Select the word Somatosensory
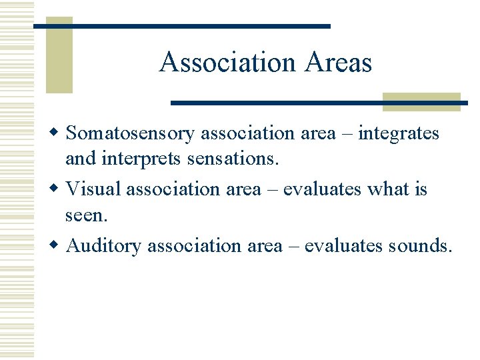[x=131, y=133]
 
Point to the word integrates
[x=399, y=133]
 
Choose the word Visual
[x=94, y=189]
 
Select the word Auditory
[x=104, y=246]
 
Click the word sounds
[x=418, y=246]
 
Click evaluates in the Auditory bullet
[x=344, y=246]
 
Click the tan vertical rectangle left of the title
[x=59, y=60]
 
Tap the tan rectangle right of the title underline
[x=421, y=102]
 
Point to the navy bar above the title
[x=182, y=26]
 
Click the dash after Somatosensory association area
[x=346, y=134]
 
